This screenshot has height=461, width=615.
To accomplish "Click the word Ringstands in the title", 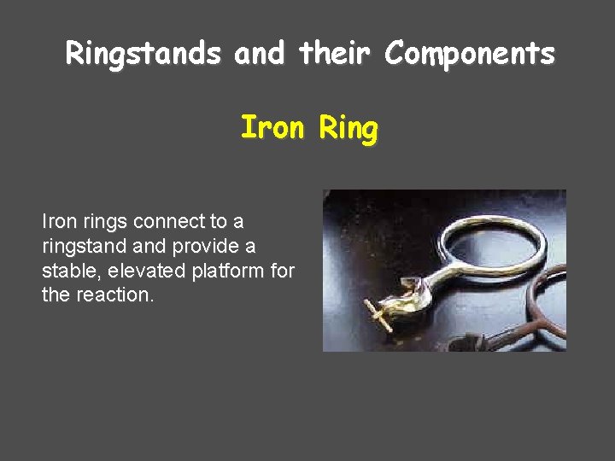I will click(x=142, y=55).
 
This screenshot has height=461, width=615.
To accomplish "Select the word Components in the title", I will click(x=470, y=55).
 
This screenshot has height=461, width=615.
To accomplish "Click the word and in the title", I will click(x=260, y=55).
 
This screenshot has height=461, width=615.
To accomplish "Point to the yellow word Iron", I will click(x=272, y=129).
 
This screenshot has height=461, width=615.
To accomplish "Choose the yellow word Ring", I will click(x=348, y=130).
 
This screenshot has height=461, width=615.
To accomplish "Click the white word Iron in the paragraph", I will click(x=58, y=222).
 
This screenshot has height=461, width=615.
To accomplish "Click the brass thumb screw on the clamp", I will click(x=378, y=314).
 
